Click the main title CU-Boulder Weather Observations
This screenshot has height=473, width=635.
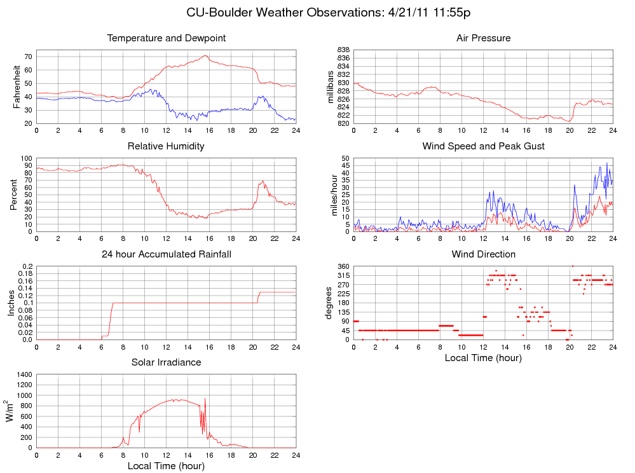pyautogui.click(x=329, y=12)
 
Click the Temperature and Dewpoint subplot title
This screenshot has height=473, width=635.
pyautogui.click(x=167, y=38)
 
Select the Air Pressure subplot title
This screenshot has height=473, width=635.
pyautogui.click(x=483, y=38)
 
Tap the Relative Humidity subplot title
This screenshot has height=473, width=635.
pyautogui.click(x=166, y=146)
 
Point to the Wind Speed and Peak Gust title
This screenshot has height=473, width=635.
pyautogui.click(x=483, y=146)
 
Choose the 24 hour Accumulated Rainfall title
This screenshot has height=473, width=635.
pyautogui.click(x=167, y=254)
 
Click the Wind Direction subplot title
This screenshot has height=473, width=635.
pyautogui.click(x=483, y=254)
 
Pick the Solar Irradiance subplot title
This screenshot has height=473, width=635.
pyautogui.click(x=166, y=362)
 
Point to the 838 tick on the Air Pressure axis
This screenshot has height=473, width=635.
pyautogui.click(x=344, y=50)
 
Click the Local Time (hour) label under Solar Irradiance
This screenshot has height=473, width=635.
pyautogui.click(x=166, y=466)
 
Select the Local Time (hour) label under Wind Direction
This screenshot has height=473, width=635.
pyautogui.click(x=483, y=358)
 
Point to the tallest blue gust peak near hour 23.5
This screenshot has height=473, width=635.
pyautogui.click(x=606, y=163)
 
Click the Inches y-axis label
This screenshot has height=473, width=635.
pyautogui.click(x=11, y=303)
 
